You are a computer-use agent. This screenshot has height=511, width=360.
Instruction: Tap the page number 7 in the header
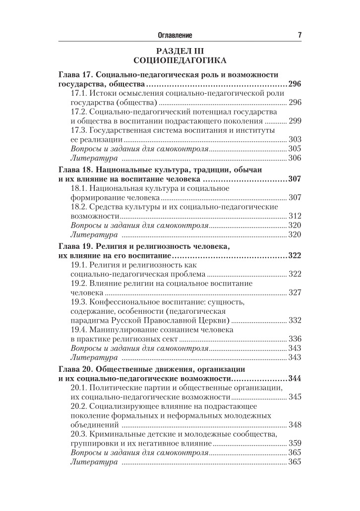pos(300,35)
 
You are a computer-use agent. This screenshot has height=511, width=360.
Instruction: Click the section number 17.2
pos(79,112)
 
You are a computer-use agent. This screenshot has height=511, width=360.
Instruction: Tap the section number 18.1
pos(79,188)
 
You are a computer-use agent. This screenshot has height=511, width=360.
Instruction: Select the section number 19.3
pos(79,302)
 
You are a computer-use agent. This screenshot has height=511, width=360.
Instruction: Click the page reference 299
pos(295,121)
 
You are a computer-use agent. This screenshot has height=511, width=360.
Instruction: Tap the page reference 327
pos(295,292)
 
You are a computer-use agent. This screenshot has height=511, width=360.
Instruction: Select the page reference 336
pos(295,339)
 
